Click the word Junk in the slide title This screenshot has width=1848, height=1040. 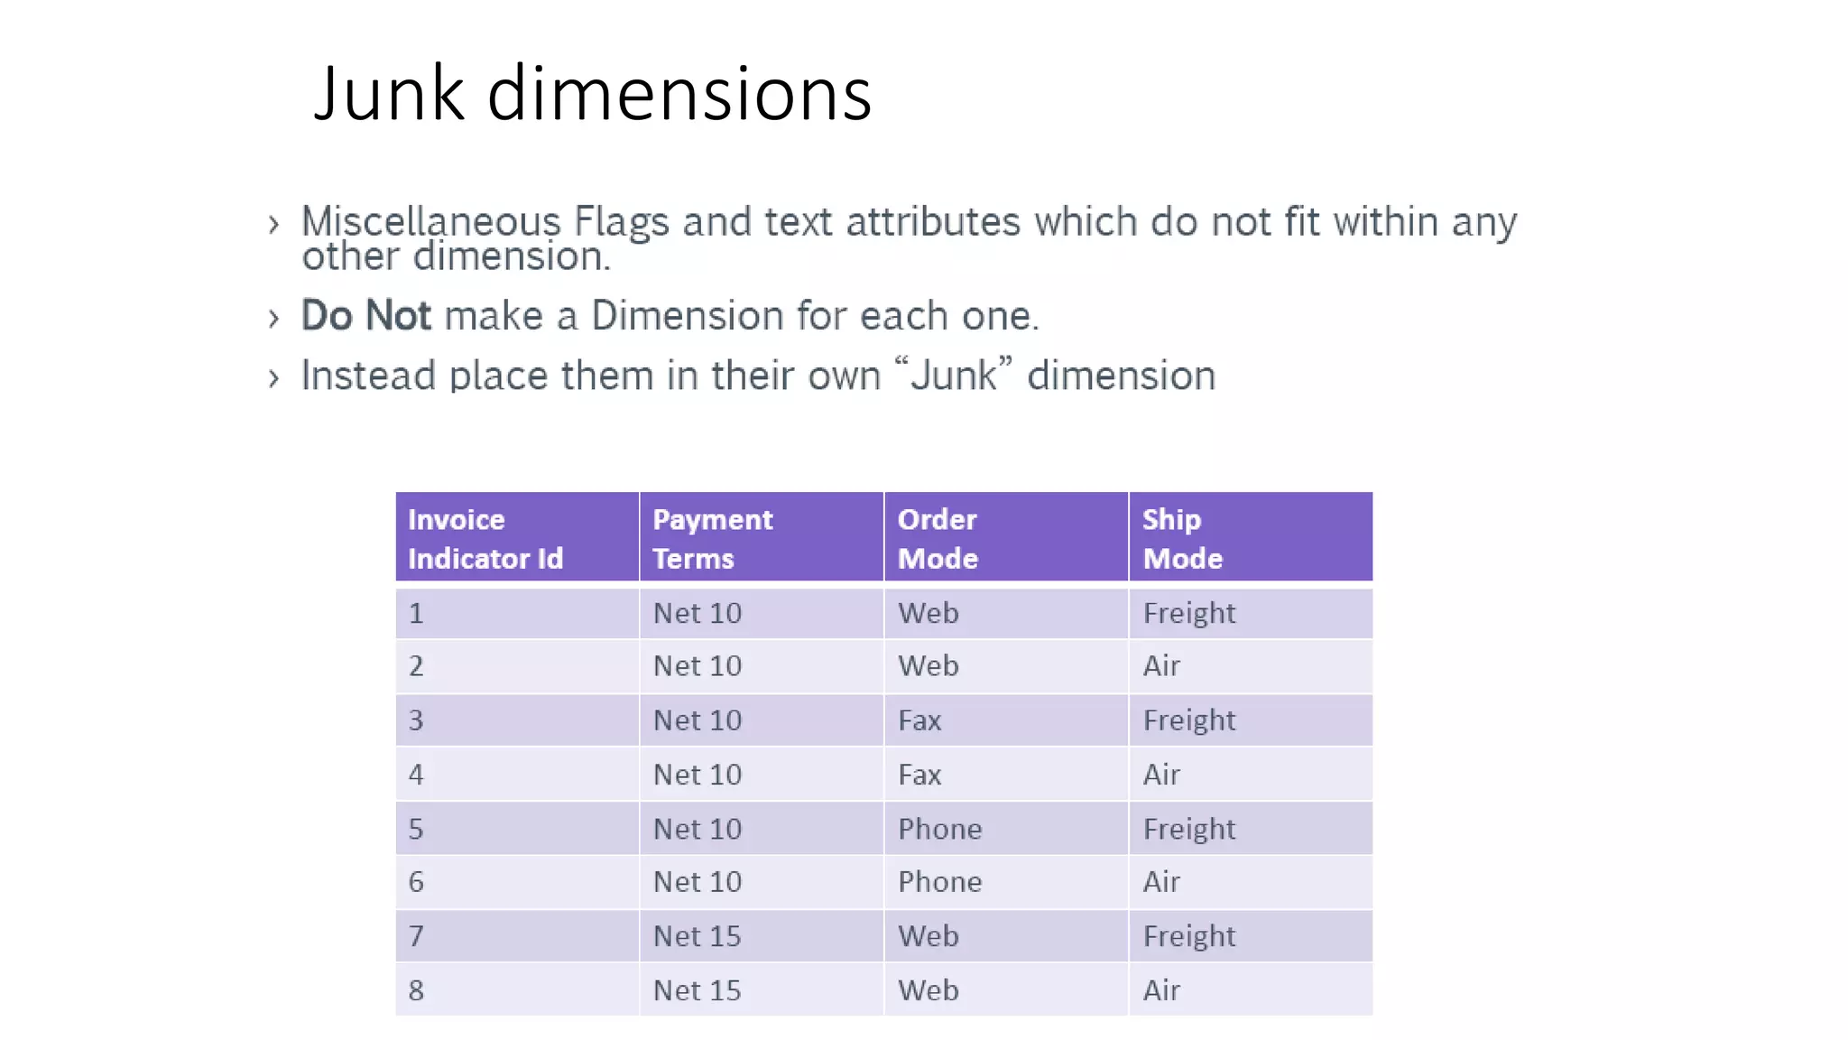(389, 94)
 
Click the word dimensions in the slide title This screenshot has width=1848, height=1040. (679, 94)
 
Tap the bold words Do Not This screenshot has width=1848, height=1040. (366, 316)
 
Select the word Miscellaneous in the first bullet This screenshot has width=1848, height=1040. (431, 221)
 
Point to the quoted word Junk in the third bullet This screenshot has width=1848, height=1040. (954, 376)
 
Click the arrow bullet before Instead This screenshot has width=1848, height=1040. (274, 377)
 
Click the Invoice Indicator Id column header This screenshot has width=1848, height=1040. (517, 538)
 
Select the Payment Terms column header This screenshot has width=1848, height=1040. (762, 538)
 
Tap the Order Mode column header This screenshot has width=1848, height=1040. (1006, 538)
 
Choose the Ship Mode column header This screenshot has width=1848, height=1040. (1251, 538)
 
